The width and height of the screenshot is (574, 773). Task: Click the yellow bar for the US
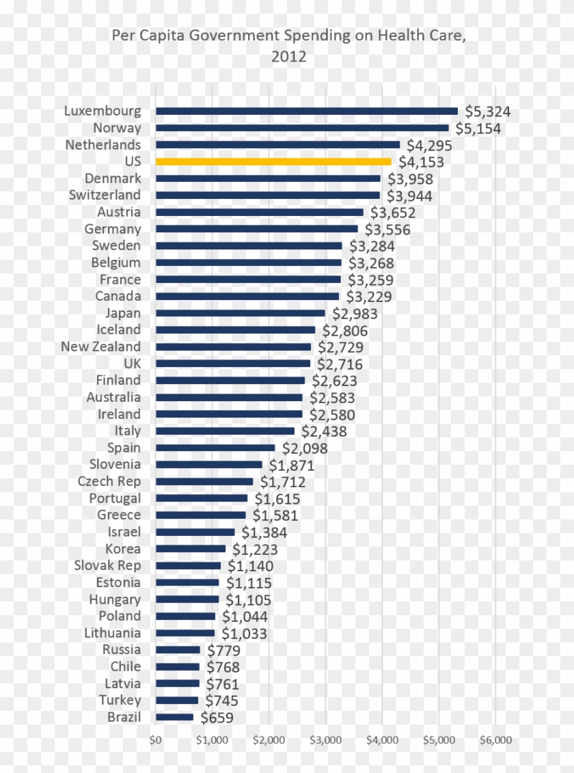[x=273, y=162]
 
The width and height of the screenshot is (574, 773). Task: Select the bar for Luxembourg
[x=307, y=111]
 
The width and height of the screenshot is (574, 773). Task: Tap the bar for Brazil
[x=174, y=717]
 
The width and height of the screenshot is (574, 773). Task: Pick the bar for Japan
[x=241, y=313]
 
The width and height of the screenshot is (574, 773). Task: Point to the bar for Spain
[x=215, y=448]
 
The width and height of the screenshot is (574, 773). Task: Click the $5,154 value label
[x=478, y=128]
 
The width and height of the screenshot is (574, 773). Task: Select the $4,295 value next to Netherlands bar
[x=429, y=146]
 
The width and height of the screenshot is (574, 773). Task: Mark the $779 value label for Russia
[x=223, y=650]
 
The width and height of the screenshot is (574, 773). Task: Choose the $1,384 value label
[x=264, y=532]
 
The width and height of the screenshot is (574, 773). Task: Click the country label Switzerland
[x=105, y=195]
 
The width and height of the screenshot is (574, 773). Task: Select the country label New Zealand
[x=100, y=347]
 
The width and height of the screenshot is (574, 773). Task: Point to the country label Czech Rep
[x=109, y=481]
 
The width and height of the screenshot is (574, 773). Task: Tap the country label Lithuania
[x=113, y=633]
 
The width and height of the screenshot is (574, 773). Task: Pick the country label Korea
[x=123, y=549]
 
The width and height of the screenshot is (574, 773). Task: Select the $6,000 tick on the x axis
[x=495, y=740]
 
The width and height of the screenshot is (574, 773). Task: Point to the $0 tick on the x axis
[x=156, y=740]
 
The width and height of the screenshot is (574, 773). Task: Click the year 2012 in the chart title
[x=288, y=57]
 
